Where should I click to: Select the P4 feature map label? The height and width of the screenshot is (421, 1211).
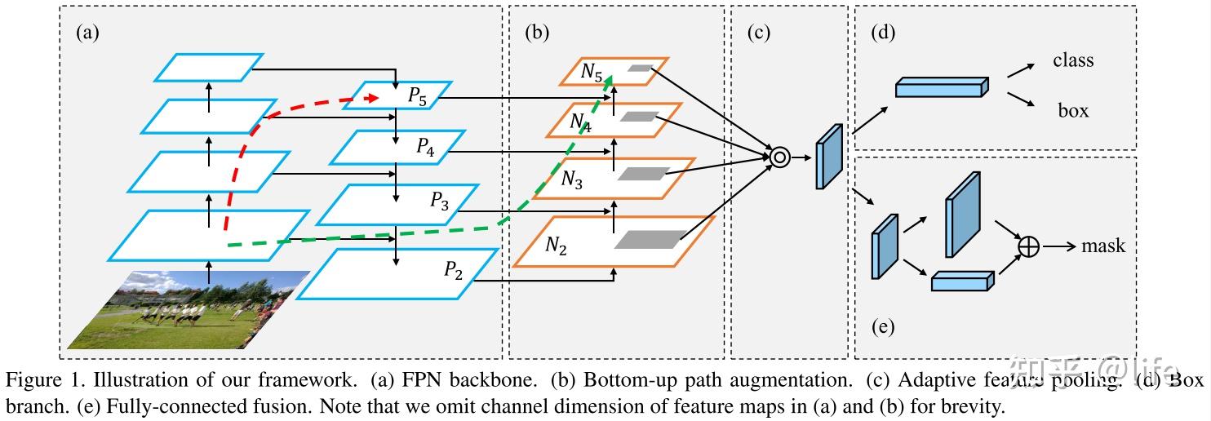coord(426,147)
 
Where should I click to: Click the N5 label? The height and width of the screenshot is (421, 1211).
coord(592,72)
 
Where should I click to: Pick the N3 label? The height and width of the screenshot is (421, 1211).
coord(571,179)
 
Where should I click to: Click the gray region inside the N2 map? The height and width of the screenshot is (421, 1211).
coord(650,239)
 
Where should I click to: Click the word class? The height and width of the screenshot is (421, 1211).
coord(1073,60)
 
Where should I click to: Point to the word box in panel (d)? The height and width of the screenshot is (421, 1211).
coord(1073,110)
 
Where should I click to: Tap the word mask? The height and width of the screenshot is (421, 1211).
coord(1103,246)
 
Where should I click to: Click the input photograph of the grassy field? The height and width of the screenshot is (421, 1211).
coord(188,310)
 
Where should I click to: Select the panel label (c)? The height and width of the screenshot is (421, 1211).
coord(758,33)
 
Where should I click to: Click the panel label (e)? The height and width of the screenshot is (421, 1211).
coord(882,328)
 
